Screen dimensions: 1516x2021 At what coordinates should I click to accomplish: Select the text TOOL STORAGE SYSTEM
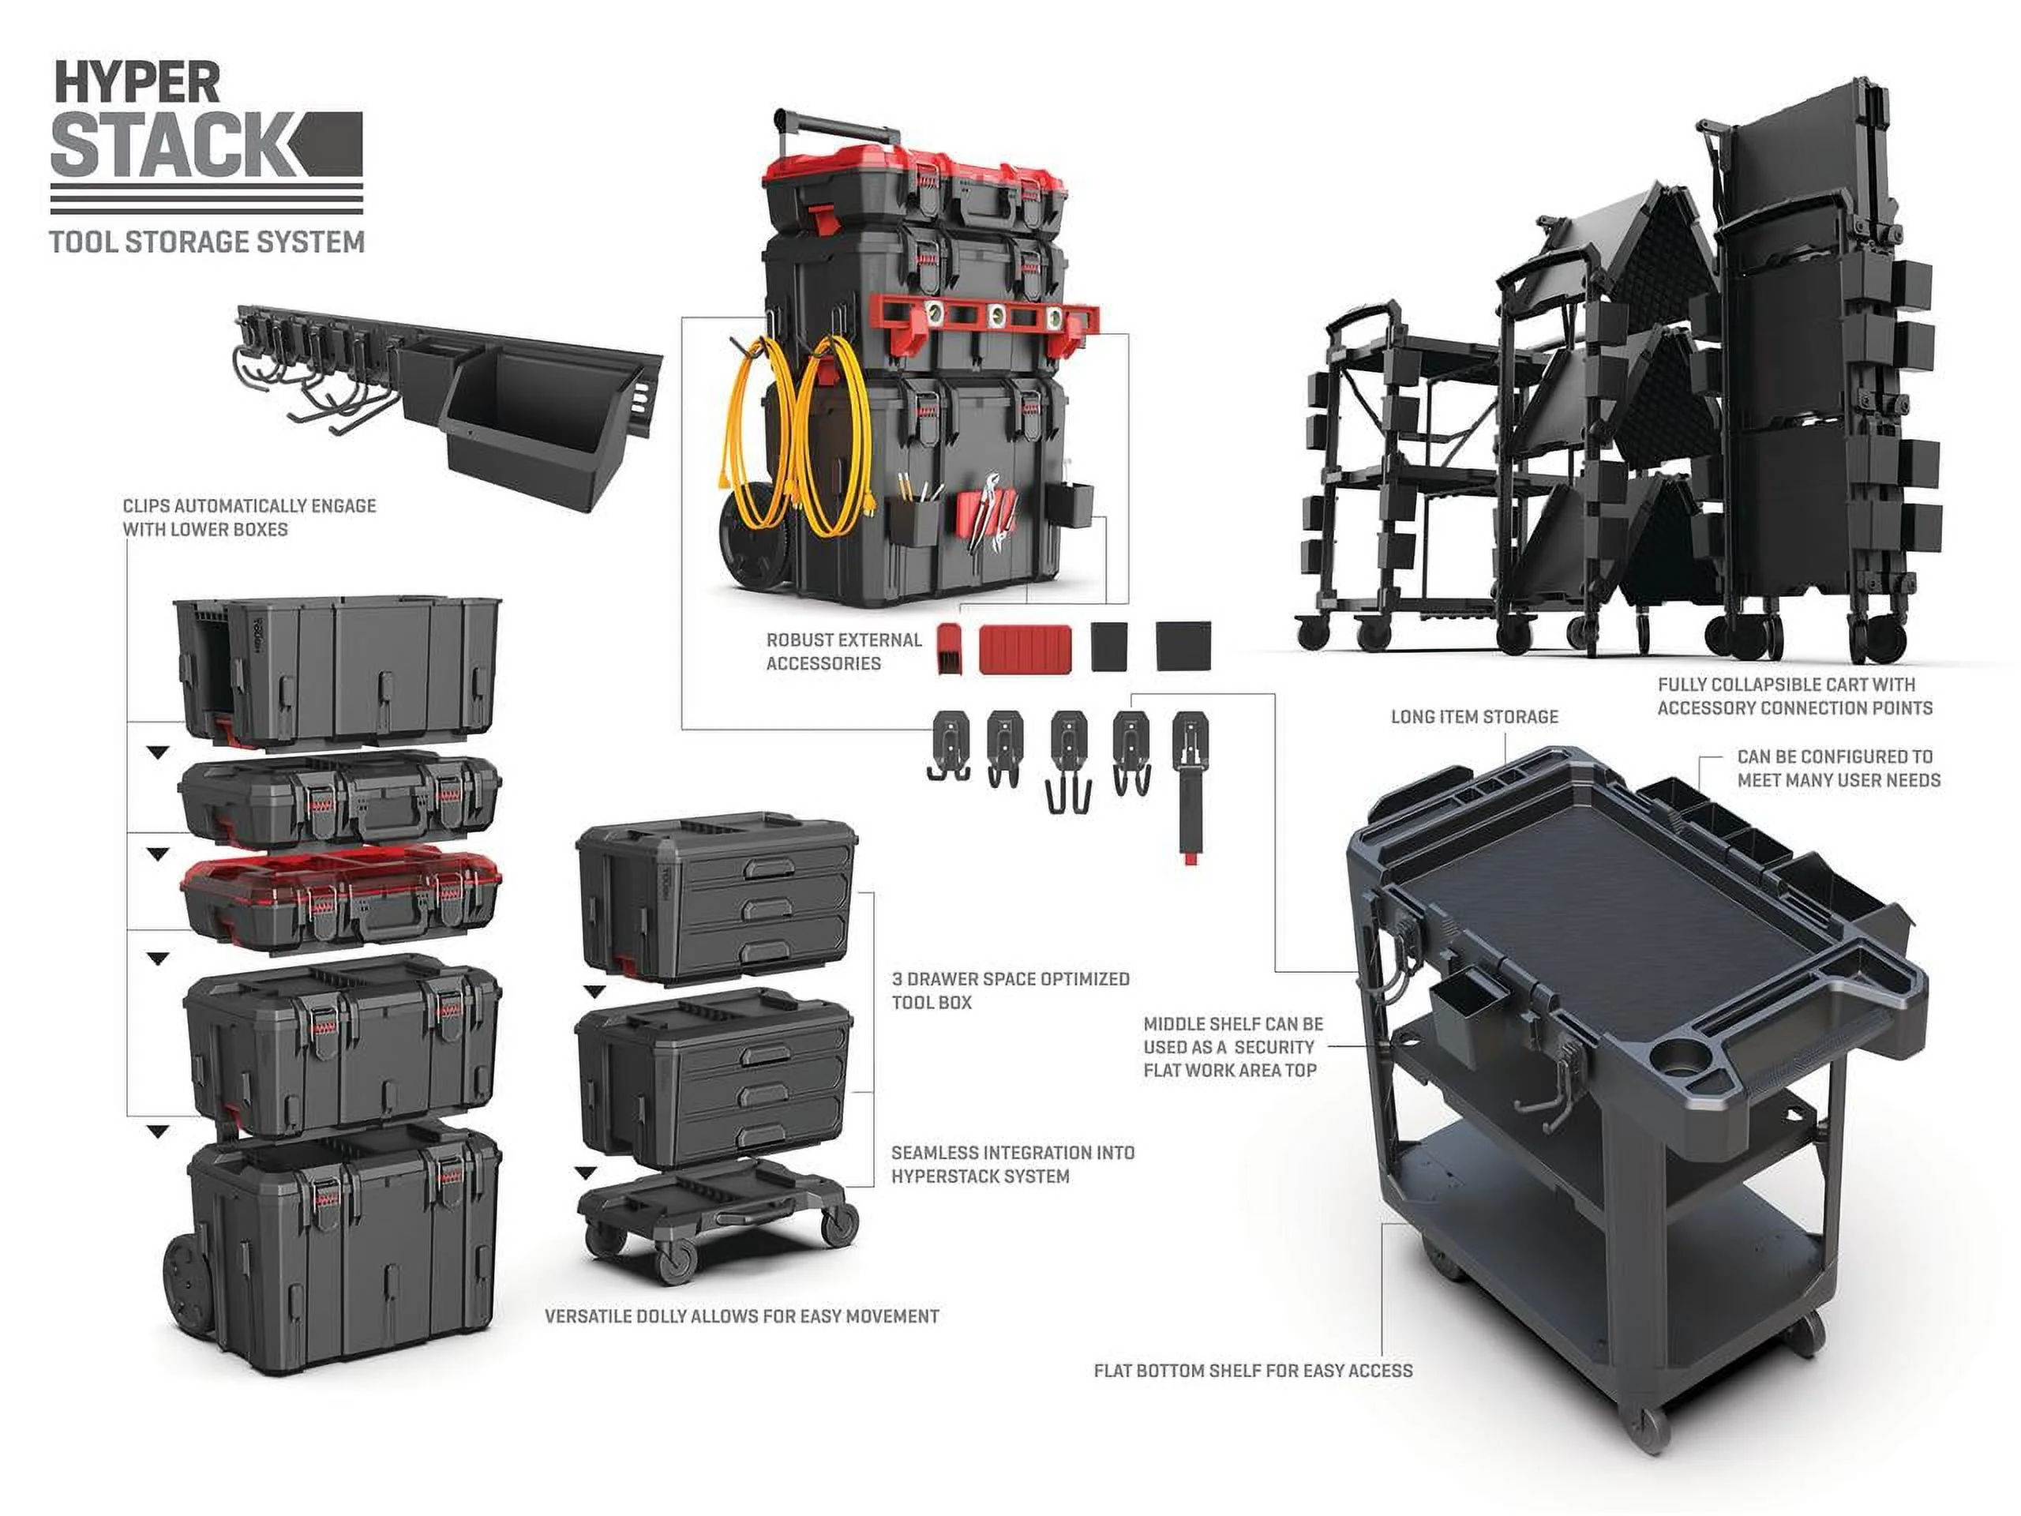tap(207, 242)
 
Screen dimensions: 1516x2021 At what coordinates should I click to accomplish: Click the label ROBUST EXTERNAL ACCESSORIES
tap(844, 651)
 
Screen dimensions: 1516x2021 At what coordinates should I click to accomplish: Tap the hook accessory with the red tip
tap(1189, 786)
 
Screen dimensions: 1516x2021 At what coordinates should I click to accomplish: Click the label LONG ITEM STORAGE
tap(1474, 717)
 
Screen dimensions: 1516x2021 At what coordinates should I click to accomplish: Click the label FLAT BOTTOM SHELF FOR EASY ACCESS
tap(1253, 1371)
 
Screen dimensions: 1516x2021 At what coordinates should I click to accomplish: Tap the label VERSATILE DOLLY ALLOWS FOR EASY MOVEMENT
tap(741, 1317)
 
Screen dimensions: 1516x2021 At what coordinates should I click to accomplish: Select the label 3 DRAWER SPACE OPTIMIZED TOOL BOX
tap(1010, 991)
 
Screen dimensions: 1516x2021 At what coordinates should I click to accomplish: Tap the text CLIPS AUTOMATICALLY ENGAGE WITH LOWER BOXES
tap(249, 517)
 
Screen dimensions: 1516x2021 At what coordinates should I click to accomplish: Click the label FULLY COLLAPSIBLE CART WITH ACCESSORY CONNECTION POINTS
tap(1794, 696)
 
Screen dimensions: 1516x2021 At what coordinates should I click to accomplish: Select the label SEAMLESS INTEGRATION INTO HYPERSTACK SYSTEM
tap(1012, 1165)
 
